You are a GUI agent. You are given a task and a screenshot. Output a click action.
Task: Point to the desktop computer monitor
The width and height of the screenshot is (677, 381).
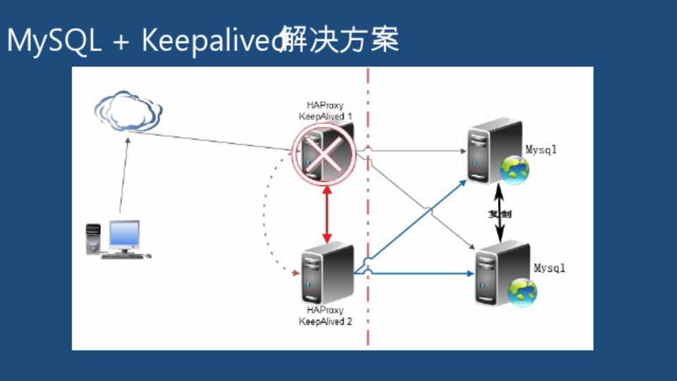point(124,234)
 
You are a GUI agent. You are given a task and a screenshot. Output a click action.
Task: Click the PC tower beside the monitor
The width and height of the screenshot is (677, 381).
point(93,238)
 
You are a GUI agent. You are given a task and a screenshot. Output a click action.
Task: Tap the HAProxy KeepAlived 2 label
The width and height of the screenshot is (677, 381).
point(325,316)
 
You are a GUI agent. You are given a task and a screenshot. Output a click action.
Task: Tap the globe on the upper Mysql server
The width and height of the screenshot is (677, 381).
point(515,170)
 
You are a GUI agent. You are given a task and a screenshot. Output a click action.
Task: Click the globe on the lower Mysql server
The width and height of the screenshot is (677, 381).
point(523,291)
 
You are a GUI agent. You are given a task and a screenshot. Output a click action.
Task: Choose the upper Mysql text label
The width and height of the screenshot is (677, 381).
point(541,149)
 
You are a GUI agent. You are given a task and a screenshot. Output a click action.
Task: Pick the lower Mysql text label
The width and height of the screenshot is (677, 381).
point(549,269)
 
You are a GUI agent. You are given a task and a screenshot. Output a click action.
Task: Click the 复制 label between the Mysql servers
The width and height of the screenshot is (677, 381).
point(500,214)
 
